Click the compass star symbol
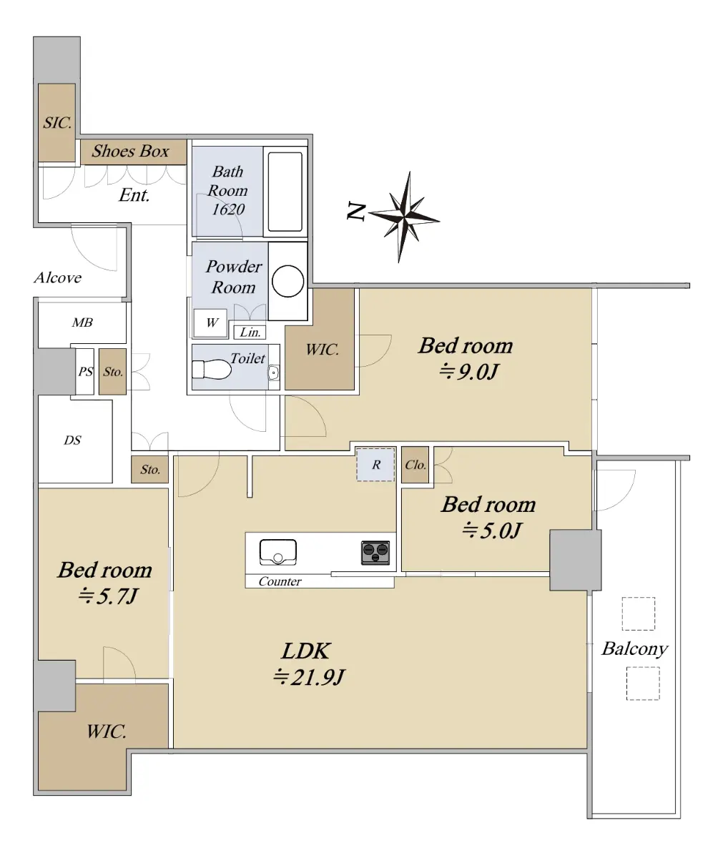[405, 217]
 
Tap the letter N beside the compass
[356, 211]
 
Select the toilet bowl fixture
[211, 370]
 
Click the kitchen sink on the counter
[278, 552]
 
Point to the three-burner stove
[375, 553]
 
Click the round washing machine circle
[287, 281]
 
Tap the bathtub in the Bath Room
[285, 192]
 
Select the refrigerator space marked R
[375, 465]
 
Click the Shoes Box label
[130, 151]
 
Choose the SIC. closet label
[57, 122]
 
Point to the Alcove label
[57, 278]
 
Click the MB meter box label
[82, 322]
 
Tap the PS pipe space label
[86, 372]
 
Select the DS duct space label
[72, 440]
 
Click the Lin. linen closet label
[250, 332]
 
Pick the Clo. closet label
[415, 465]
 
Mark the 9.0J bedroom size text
[468, 372]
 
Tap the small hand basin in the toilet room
[273, 373]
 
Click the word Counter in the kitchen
[280, 581]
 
